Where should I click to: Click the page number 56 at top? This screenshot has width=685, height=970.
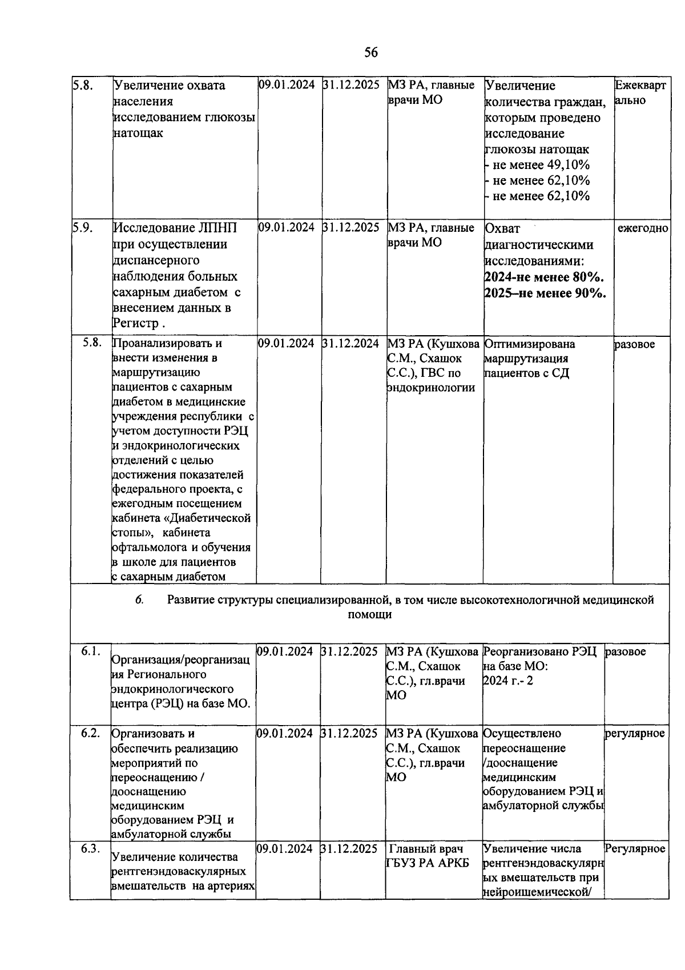(370, 53)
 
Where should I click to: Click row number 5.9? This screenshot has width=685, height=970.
(83, 227)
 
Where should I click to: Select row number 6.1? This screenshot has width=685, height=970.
(91, 651)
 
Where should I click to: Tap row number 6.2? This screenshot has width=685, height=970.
(91, 733)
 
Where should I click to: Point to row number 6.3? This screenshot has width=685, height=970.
(91, 848)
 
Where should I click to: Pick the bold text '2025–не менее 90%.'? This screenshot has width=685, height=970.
(545, 293)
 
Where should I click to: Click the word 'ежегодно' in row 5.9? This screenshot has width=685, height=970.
(643, 228)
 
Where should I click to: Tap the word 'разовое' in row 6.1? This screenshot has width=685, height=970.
(626, 651)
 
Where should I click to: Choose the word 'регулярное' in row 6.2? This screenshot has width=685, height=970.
(635, 733)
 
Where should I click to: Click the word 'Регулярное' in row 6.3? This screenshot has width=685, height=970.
(635, 848)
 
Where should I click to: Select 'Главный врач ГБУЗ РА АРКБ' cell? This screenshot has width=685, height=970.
(427, 856)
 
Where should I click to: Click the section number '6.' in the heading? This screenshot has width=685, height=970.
(139, 599)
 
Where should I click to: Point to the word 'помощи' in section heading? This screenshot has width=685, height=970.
(370, 615)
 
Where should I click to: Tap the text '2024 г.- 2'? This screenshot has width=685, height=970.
(508, 681)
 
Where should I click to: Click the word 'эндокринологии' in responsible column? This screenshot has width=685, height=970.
(431, 388)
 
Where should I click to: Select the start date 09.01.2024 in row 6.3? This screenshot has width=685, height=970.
(285, 848)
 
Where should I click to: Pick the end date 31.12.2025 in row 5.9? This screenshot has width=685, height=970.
(351, 227)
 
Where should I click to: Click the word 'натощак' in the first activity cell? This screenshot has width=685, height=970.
(138, 133)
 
